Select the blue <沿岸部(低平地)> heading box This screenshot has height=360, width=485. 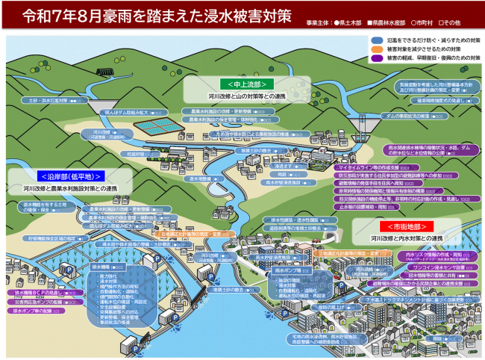(x=56, y=176)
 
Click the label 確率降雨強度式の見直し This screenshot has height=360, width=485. (x=433, y=99)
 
